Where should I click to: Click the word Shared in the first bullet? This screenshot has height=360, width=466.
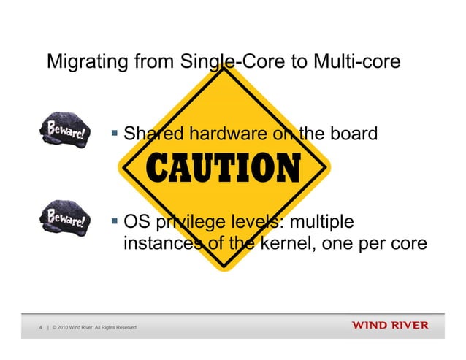152,134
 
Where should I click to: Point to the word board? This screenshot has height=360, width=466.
354,134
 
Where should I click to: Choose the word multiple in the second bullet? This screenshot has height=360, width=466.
319,221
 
